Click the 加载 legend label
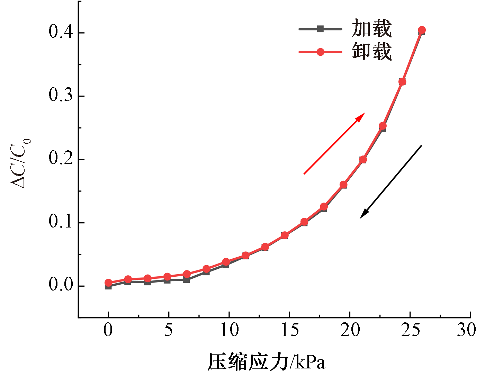click(371, 28)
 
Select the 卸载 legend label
click(371, 52)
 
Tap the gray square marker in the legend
click(320, 29)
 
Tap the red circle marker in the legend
click(320, 52)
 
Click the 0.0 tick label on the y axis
click(61, 285)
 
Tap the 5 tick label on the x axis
click(168, 330)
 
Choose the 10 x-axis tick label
click(229, 330)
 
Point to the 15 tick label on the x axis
click(289, 330)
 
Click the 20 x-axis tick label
click(350, 330)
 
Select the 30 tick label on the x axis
click(466, 330)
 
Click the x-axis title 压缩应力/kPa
click(267, 362)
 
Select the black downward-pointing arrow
click(391, 182)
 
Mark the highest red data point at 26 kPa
click(422, 30)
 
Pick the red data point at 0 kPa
click(108, 283)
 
